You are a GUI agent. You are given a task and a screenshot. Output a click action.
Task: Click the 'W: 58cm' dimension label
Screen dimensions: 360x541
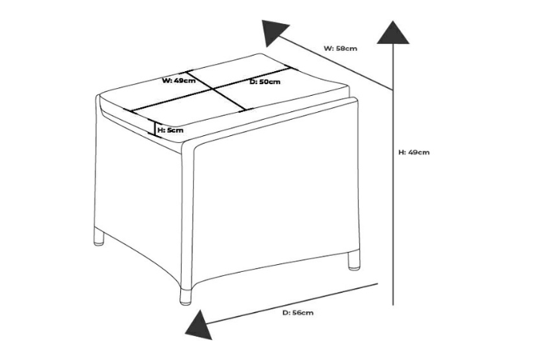pyautogui.click(x=340, y=49)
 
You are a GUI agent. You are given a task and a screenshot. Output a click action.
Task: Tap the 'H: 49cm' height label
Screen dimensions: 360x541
pyautogui.click(x=414, y=153)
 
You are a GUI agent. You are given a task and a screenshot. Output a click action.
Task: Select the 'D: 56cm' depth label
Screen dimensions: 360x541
pyautogui.click(x=298, y=313)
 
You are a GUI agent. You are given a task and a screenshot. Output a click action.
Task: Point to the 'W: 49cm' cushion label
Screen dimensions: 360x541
pyautogui.click(x=178, y=80)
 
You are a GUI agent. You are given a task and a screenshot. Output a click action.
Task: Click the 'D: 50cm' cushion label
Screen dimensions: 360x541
pyautogui.click(x=264, y=82)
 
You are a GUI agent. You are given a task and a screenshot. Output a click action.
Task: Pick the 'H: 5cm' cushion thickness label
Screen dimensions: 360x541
pyautogui.click(x=171, y=131)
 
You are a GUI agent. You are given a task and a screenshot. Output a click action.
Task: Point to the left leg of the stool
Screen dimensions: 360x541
pyautogui.click(x=98, y=237)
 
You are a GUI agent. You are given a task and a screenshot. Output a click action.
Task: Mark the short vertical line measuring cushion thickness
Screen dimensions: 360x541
pyautogui.click(x=155, y=130)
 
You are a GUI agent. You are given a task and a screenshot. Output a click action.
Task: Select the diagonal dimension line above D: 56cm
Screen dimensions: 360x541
pyautogui.click(x=294, y=302)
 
